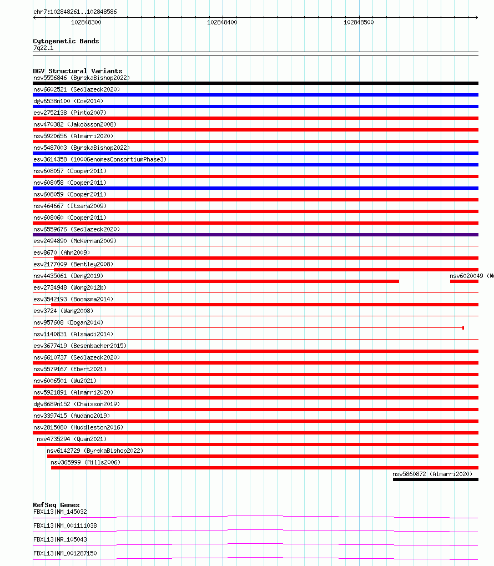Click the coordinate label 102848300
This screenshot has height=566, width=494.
tap(86, 22)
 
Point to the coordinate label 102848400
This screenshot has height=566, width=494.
tap(222, 22)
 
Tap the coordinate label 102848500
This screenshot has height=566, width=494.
tap(359, 22)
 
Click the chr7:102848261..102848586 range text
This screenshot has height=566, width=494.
tap(75, 12)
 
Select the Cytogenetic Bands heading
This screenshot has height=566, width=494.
tap(65, 41)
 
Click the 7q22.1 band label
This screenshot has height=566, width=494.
tap(43, 48)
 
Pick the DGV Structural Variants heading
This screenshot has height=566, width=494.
tap(77, 71)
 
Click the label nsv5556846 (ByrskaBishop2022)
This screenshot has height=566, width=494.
tap(81, 78)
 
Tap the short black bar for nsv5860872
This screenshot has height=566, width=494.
tap(435, 479)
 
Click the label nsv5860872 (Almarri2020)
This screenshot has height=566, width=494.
tap(432, 474)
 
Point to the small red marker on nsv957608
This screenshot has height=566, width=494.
tap(463, 328)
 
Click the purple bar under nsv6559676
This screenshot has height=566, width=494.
tap(255, 235)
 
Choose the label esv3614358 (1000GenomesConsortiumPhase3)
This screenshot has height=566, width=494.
tap(99, 159)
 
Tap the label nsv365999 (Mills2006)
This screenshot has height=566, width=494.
tap(85, 462)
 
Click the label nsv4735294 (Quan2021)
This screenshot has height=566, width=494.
tap(72, 439)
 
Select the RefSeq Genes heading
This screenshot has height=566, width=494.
tap(56, 505)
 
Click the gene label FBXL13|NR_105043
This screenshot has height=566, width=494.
tap(60, 539)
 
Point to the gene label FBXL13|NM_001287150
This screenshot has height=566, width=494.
tap(65, 553)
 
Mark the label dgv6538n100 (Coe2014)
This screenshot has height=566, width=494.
tap(68, 101)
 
